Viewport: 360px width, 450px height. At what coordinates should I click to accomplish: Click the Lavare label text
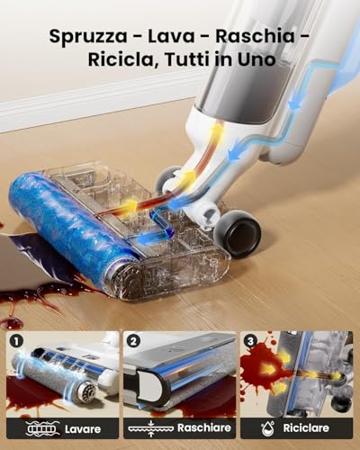coord(83,429)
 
